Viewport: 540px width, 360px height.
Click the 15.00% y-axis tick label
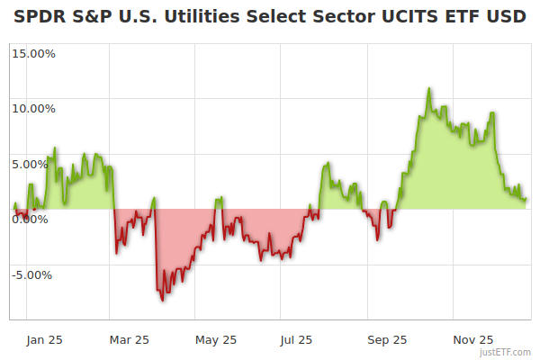point(34,53)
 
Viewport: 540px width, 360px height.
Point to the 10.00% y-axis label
point(34,109)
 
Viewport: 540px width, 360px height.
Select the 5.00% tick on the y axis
point(37,164)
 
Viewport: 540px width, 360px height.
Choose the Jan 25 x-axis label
point(44,340)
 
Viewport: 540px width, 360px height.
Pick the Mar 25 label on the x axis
point(129,340)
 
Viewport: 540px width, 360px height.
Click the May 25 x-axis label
point(216,340)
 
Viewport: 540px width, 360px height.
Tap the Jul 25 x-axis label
point(296,340)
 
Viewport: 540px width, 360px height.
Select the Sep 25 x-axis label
point(387,340)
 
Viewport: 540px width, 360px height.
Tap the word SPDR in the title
point(39,17)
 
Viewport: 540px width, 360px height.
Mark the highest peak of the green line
point(429,88)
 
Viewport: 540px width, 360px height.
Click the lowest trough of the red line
point(163,300)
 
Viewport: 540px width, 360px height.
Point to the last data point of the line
point(526,199)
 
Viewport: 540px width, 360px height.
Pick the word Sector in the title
point(332,17)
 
